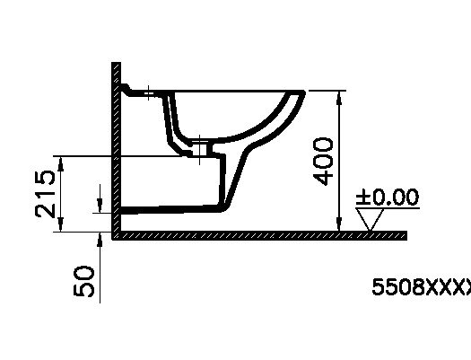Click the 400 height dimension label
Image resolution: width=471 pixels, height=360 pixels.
[323, 162]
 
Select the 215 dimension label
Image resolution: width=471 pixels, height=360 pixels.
[45, 194]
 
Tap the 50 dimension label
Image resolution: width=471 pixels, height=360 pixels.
[83, 281]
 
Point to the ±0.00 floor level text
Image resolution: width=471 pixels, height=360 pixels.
[388, 198]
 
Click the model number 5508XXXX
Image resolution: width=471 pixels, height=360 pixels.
[421, 286]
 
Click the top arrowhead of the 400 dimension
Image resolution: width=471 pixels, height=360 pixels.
[339, 98]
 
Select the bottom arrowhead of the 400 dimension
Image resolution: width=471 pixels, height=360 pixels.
[339, 224]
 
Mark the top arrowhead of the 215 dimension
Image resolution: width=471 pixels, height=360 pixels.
[61, 163]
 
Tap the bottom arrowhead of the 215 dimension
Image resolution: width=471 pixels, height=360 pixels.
[61, 224]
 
